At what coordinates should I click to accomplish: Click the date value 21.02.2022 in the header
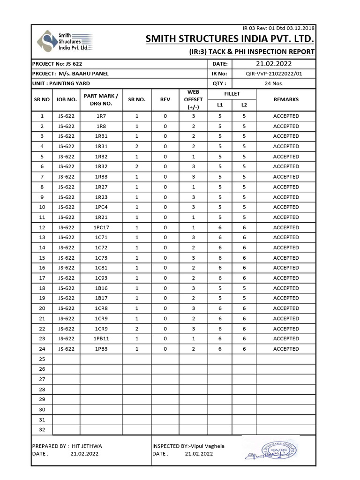[274, 64]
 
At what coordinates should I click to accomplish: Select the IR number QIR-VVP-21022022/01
[274, 74]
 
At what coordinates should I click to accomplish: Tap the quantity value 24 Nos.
[274, 84]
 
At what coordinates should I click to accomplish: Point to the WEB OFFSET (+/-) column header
[194, 99]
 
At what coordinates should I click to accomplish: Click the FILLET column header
[232, 94]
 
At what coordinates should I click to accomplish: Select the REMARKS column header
[285, 99]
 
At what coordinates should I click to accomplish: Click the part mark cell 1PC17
[101, 227]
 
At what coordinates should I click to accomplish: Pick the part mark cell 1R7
[101, 116]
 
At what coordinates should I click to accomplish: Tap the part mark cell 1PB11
[101, 338]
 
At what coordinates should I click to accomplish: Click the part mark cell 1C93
[101, 278]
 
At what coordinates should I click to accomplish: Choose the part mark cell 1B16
[101, 288]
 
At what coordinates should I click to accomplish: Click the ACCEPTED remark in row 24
[285, 349]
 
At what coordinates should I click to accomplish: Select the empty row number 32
[42, 430]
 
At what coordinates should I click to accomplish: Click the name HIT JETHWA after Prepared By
[86, 446]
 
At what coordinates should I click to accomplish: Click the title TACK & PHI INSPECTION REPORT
[257, 52]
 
